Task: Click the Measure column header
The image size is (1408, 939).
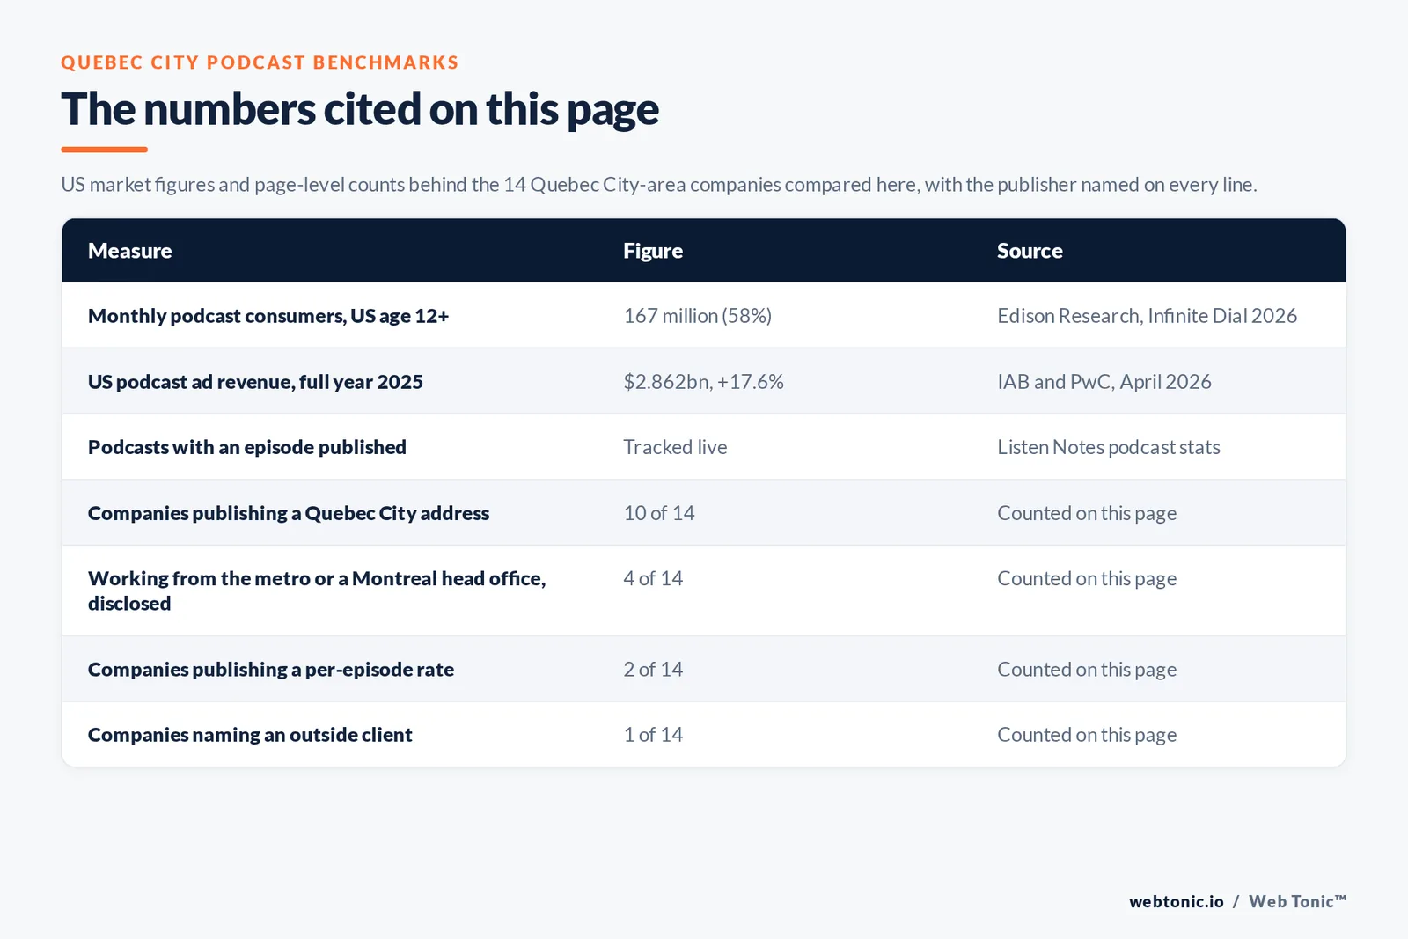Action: click(x=129, y=250)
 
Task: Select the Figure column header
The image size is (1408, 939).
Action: click(x=652, y=251)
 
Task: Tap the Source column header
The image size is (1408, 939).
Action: click(x=1030, y=250)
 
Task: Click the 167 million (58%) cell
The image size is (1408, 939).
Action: click(x=697, y=316)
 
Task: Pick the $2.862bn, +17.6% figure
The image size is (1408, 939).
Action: click(x=703, y=382)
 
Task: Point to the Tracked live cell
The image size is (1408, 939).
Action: click(x=675, y=447)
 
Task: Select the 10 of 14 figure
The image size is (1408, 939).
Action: click(x=659, y=513)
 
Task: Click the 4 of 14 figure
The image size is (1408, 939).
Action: click(x=652, y=578)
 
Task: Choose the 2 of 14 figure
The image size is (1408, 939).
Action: click(x=652, y=670)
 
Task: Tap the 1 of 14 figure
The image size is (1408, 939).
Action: click(x=652, y=735)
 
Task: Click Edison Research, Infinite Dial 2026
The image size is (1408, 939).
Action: click(x=1148, y=316)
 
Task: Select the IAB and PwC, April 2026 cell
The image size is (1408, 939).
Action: click(x=1104, y=382)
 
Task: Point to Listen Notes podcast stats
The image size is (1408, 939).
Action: click(x=1108, y=447)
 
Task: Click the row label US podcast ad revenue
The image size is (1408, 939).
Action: click(x=255, y=382)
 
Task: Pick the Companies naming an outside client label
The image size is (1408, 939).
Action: click(x=250, y=735)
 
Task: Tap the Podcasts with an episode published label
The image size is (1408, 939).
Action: click(x=247, y=447)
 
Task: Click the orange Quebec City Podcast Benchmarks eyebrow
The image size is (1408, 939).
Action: click(x=260, y=62)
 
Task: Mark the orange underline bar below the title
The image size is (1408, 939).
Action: click(x=105, y=150)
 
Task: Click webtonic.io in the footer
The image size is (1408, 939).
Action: click(x=1176, y=901)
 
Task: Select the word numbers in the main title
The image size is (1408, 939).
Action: click(x=230, y=109)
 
